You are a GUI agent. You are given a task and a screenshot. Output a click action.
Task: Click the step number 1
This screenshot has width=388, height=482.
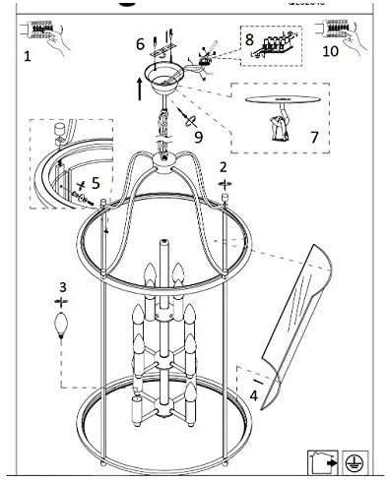click(27, 57)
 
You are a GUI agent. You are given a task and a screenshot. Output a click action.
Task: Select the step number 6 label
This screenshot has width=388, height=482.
click(140, 44)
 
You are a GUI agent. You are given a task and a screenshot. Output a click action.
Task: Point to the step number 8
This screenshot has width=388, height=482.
click(250, 40)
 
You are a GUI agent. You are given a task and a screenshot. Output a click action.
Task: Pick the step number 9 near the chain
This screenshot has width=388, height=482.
click(198, 137)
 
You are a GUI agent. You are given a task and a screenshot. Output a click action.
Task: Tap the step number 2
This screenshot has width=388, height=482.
click(224, 167)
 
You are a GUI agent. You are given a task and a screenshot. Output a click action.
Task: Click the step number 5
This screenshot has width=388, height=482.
click(96, 182)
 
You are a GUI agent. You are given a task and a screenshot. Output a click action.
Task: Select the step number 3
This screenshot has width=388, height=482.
click(62, 287)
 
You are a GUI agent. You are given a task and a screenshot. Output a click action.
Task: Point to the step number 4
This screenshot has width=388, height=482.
click(254, 396)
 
